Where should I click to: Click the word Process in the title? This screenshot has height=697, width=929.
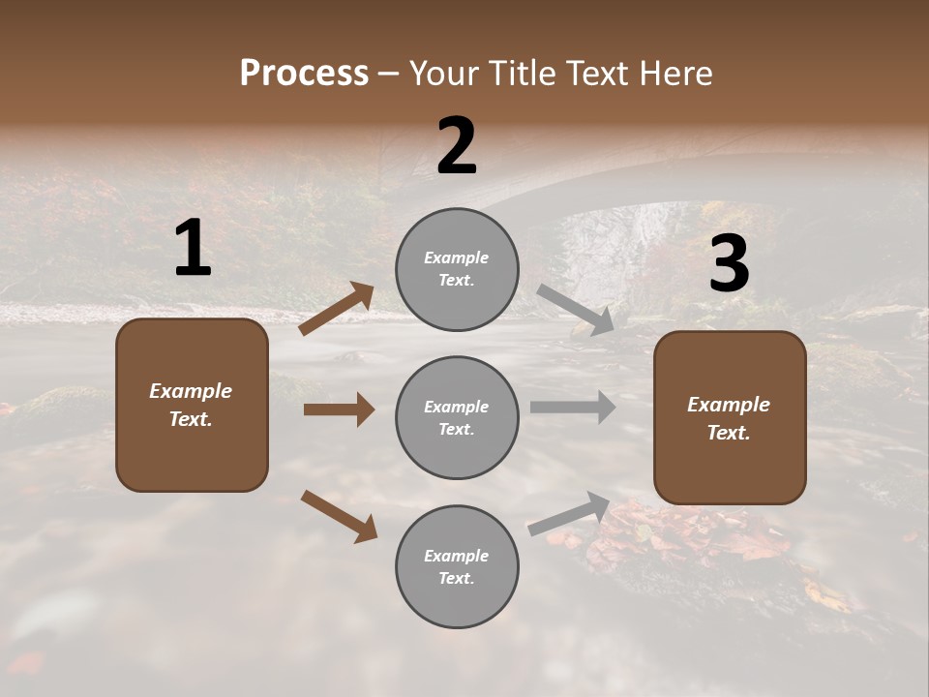click(304, 74)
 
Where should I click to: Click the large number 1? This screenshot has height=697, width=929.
click(193, 249)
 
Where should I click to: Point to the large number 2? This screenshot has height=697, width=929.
click(457, 146)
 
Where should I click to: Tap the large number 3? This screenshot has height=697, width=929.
click(729, 264)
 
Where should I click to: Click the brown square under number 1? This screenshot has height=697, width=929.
click(192, 405)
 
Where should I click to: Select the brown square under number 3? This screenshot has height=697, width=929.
click(730, 418)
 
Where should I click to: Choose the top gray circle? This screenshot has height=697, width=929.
click(457, 269)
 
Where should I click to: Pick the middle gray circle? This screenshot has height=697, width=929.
click(457, 417)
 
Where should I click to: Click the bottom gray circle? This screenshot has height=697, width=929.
click(457, 566)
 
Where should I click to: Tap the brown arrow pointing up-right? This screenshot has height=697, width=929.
click(337, 309)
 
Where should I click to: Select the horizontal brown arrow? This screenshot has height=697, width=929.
click(339, 409)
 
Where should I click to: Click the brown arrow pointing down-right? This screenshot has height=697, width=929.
click(339, 516)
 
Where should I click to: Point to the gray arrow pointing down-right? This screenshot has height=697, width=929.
click(575, 310)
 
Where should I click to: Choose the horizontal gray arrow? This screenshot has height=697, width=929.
click(573, 407)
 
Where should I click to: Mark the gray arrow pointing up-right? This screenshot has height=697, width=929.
click(569, 513)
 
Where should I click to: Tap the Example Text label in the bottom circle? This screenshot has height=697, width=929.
click(457, 566)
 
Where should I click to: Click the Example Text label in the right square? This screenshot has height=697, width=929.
click(729, 418)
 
